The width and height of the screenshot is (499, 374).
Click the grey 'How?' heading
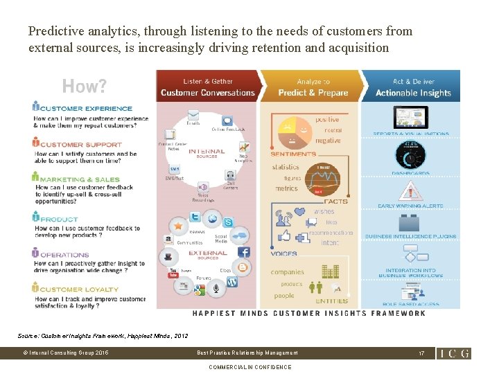(85, 87)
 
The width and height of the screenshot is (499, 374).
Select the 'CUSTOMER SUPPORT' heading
(80, 144)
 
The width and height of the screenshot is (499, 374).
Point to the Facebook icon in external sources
(244, 253)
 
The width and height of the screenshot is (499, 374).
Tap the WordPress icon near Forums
(231, 281)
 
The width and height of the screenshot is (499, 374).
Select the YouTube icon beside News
(173, 275)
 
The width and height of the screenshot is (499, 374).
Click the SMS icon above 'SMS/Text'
(174, 169)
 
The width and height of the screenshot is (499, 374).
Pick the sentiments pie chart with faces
(295, 127)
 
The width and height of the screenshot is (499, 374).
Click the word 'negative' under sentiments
(328, 141)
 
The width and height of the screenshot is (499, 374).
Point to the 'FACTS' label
(339, 201)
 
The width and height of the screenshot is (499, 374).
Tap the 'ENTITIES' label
(331, 301)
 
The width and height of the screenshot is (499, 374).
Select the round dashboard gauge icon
(411, 154)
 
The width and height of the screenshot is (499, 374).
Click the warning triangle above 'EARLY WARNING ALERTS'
(411, 190)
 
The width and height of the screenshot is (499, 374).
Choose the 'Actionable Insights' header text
(413, 93)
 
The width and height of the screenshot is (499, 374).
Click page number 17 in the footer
(421, 353)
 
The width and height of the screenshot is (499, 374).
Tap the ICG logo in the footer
(454, 353)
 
